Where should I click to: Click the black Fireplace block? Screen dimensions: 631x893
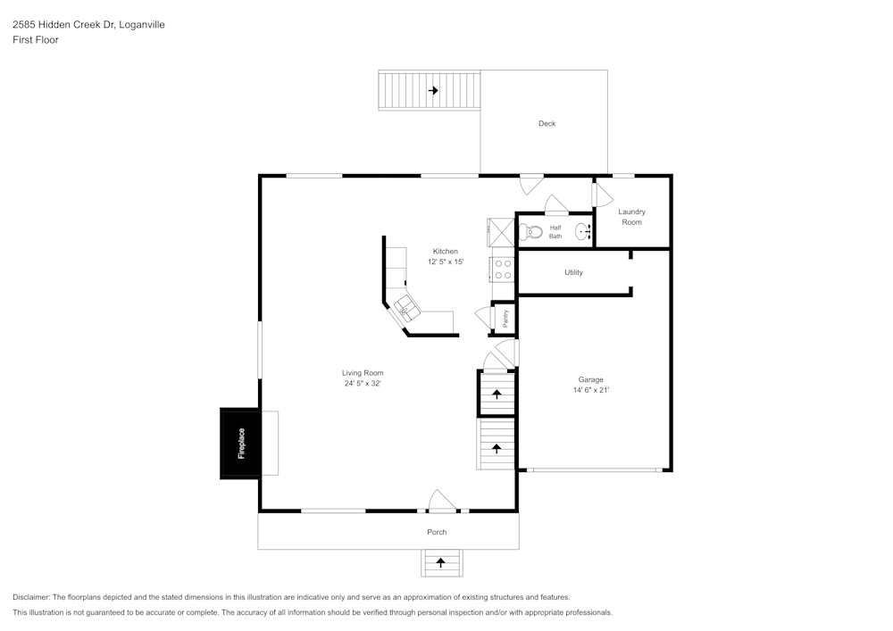click(x=240, y=444)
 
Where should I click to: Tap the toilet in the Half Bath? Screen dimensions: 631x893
click(x=533, y=232)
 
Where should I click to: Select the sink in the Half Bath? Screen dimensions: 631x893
click(x=583, y=232)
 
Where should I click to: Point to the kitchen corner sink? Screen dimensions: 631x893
click(x=407, y=306)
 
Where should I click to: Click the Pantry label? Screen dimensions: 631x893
click(x=505, y=318)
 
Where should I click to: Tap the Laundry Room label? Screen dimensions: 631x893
click(x=632, y=217)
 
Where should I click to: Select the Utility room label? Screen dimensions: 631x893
click(x=573, y=272)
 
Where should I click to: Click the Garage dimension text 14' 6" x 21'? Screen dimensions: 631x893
click(x=590, y=390)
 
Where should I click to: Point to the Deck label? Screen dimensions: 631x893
click(x=547, y=123)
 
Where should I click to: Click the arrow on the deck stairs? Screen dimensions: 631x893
click(x=433, y=90)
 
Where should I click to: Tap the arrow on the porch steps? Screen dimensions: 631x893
click(x=440, y=563)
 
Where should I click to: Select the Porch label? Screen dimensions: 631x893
click(x=437, y=532)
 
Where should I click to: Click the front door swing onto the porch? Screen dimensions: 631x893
click(x=442, y=502)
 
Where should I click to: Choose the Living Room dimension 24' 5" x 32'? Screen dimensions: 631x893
click(x=363, y=384)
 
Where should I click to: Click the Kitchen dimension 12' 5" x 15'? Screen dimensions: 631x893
click(x=446, y=262)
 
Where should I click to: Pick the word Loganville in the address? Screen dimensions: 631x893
click(x=142, y=25)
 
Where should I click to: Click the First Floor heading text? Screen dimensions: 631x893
click(x=36, y=40)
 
